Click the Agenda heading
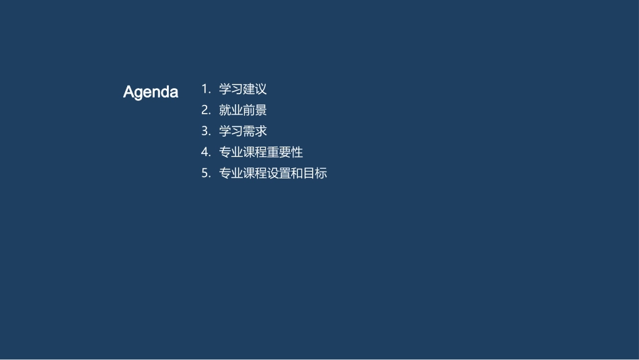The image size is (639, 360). [151, 92]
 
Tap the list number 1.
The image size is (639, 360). [204, 89]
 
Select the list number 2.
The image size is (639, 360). [205, 110]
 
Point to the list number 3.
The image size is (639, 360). [205, 131]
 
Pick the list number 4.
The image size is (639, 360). [205, 152]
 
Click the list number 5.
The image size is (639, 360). [205, 174]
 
